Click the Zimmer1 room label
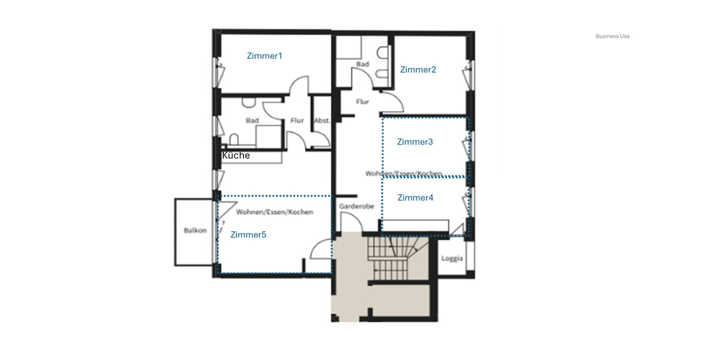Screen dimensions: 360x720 pos(264,56)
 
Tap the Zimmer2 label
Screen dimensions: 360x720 pos(418,70)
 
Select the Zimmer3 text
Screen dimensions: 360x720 pos(415,142)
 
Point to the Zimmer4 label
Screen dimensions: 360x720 pos(415,197)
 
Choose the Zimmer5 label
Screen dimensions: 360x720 pos(248,235)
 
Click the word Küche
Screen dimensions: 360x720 pos(236,155)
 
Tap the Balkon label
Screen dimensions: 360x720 pos(195,230)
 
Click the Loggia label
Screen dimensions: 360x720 pos(452,259)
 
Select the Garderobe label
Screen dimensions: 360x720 pos(356,206)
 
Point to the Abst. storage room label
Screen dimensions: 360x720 pos(322,121)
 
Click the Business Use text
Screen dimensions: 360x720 pos(613,36)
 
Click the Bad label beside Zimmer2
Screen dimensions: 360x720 pos(362,64)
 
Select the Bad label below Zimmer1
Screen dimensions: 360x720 pos(252,121)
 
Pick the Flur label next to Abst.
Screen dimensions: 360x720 pos(297,121)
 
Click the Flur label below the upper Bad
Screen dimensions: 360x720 pos(362,102)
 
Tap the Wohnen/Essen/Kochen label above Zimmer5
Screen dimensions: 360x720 pos(275,212)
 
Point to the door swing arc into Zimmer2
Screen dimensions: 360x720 pos(394,101)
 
